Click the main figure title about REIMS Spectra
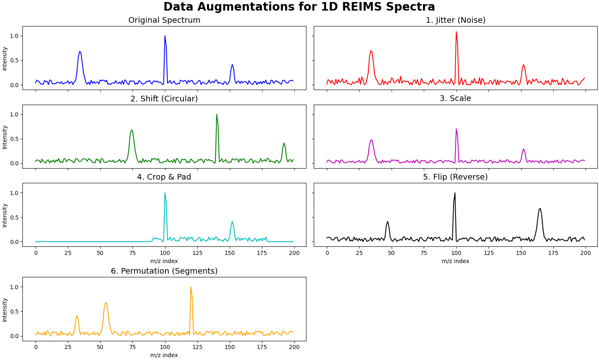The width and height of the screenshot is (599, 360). pos(299,7)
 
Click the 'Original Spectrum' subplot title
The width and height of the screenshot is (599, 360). pos(164,20)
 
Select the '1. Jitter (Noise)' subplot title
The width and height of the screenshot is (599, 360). pos(456,20)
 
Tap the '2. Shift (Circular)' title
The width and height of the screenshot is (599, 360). pos(164,99)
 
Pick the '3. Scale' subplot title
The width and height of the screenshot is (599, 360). pos(455,99)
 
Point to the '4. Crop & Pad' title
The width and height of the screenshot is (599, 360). pos(164,177)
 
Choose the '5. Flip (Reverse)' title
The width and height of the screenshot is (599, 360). pos(455,177)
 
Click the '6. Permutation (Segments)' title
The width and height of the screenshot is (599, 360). pos(164,271)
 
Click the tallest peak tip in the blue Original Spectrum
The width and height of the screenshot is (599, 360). pos(165,36)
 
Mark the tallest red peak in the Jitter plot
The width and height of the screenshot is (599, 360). pos(456,32)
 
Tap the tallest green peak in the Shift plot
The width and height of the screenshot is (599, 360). pos(216,114)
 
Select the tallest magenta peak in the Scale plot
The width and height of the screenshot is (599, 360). pos(456,129)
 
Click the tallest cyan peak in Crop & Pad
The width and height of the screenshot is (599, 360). pos(165,193)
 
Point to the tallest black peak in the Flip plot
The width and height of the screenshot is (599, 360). pos(455,193)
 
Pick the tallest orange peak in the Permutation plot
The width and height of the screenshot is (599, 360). pos(191,287)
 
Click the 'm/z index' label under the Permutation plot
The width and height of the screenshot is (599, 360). pos(164,355)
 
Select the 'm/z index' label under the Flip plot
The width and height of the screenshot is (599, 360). pos(455,261)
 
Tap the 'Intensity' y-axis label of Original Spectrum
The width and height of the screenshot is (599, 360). pos(5,58)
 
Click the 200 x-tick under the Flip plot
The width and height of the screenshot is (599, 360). pos(585,253)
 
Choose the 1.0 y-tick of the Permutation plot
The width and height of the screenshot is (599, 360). pos(14,287)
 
